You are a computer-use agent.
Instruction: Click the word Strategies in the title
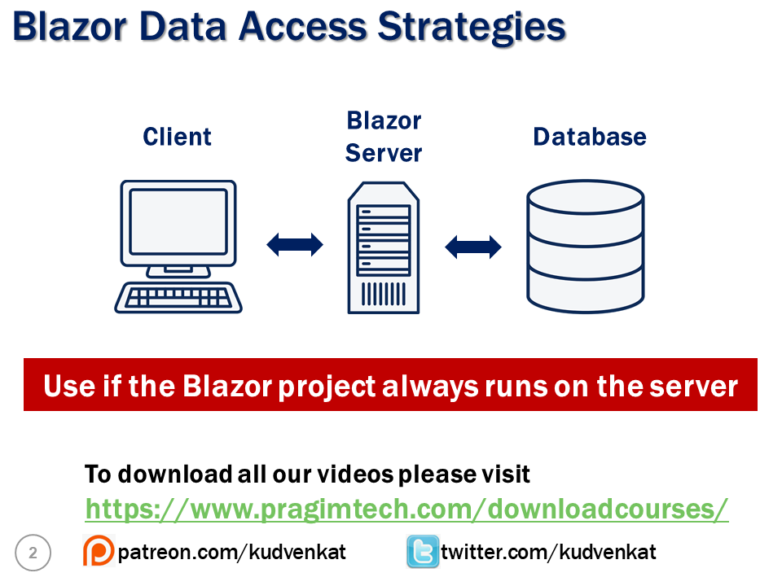472,28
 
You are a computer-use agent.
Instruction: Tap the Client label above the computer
177,137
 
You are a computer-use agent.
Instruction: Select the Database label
590,137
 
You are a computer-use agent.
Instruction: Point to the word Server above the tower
384,153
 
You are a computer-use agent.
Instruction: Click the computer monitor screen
178,221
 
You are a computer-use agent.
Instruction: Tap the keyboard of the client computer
178,298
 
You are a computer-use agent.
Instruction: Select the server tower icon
384,247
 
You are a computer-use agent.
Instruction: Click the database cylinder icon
586,247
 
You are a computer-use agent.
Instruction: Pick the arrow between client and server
295,245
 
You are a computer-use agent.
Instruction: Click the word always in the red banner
430,387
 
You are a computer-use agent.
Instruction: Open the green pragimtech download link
406,509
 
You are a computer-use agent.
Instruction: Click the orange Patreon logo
99,550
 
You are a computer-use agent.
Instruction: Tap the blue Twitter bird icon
423,551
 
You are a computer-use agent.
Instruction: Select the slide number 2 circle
33,553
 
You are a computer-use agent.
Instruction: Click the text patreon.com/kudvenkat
231,552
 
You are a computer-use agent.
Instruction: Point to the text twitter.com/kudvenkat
548,552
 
